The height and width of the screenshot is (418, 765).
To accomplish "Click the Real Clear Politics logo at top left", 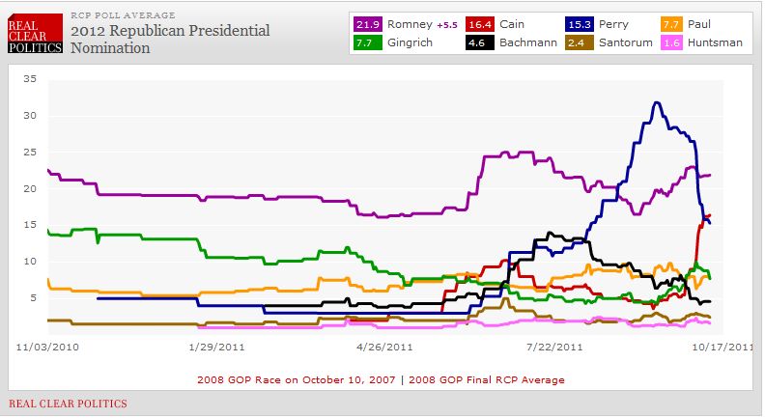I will click(35, 31).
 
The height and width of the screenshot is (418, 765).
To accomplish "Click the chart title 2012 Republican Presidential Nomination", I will click(170, 38).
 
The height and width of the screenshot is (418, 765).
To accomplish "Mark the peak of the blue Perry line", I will click(657, 102).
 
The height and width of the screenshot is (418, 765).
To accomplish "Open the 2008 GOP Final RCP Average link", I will click(501, 379).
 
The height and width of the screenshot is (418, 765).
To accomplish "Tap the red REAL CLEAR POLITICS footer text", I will click(68, 403).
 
